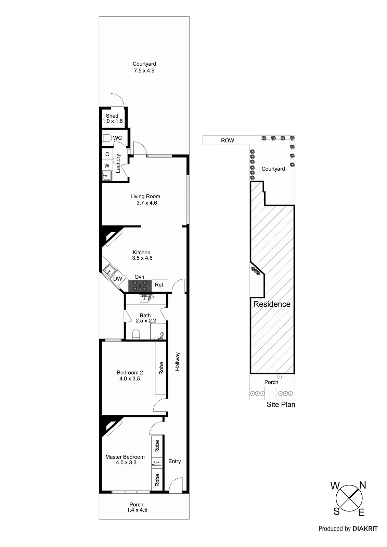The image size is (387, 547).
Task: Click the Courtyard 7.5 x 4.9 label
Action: click(144, 67)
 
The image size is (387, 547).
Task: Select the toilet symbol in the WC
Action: click(107, 138)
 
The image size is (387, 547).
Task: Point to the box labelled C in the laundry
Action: click(107, 154)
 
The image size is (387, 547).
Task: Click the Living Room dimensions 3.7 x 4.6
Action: click(146, 203)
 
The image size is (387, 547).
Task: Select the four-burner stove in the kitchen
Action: click(140, 285)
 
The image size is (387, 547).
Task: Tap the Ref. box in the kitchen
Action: click(160, 285)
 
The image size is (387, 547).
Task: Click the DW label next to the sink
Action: click(117, 279)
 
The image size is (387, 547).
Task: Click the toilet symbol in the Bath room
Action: click(136, 334)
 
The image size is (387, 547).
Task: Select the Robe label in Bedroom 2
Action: click(161, 368)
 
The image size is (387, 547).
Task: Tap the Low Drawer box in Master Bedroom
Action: click(157, 464)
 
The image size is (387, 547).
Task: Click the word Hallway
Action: click(177, 361)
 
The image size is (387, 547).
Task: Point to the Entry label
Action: click(175, 462)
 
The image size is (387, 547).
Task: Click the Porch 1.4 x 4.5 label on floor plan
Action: click(137, 507)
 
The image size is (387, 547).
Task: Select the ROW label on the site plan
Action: click(227, 140)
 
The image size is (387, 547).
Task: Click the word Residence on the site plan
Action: click(272, 304)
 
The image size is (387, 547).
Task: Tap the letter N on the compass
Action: click(362, 485)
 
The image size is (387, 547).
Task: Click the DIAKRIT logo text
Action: click(365, 529)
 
